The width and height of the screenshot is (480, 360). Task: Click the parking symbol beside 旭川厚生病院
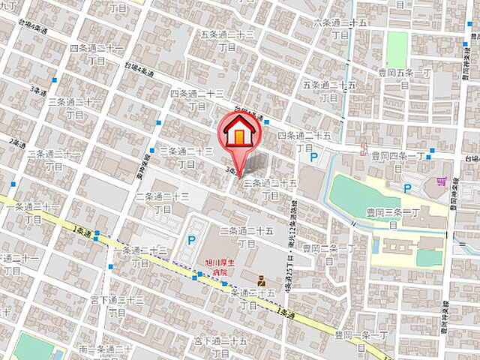click(x=192, y=241)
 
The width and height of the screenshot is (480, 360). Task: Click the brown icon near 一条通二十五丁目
click(x=261, y=280)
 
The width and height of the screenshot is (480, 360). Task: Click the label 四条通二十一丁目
click(x=97, y=53)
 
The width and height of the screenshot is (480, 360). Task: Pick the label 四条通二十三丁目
click(x=197, y=99)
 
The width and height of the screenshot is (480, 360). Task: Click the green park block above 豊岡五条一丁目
click(x=397, y=48)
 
